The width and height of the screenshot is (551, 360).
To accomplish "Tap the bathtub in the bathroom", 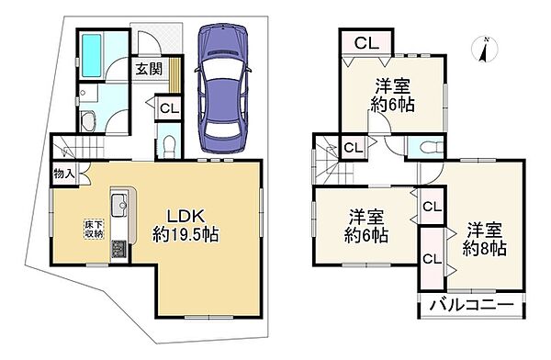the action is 92,55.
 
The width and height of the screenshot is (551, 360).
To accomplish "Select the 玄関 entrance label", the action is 150,69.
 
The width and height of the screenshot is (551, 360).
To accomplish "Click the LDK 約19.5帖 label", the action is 186,225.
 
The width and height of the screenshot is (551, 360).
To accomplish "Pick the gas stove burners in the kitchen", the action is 120,250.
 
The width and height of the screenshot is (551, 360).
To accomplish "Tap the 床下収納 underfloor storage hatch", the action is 94,230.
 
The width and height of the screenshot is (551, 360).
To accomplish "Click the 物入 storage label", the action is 64,174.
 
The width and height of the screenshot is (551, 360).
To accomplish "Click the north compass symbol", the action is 485,50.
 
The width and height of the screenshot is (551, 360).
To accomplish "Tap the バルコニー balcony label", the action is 472,305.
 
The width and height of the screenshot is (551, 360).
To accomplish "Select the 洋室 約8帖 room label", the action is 484,239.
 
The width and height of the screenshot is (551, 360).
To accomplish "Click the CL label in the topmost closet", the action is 366,43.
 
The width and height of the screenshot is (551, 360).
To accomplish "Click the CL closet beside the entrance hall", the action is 169,108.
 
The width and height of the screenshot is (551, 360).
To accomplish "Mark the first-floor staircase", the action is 78,147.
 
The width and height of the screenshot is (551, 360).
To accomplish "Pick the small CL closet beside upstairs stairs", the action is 354,147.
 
